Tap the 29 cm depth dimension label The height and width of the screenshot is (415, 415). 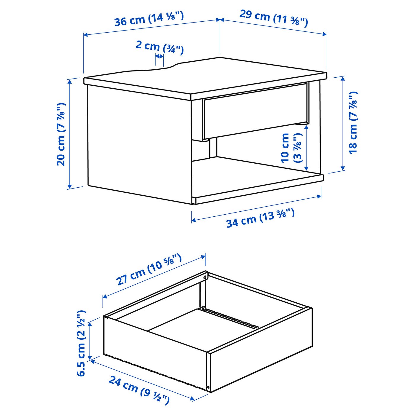coord(274,18)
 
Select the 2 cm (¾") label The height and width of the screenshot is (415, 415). coord(159,47)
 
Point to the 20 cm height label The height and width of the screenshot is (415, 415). coord(61,134)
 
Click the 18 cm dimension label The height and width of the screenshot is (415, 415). coord(353,122)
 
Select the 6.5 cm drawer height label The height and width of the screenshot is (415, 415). coord(81,343)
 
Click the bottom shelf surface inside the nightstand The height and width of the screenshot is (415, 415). coord(255,175)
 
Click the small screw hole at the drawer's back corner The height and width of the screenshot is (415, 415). coord(205,277)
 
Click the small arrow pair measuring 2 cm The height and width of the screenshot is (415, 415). coord(159,56)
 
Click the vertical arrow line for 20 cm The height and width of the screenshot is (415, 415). coord(70,134)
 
